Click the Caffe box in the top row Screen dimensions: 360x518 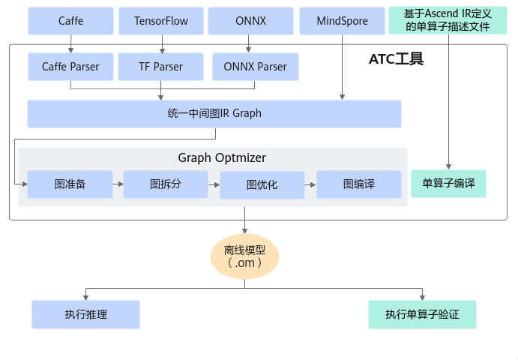tap(71, 21)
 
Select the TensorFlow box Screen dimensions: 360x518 tap(161, 21)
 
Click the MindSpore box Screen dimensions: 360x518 tap(342, 21)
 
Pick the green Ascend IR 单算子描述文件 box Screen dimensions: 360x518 tap(448, 21)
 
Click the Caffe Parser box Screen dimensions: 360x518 tap(71, 67)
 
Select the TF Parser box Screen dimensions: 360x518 tap(161, 67)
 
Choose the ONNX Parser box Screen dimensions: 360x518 tap(255, 67)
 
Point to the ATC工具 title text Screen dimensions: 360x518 tap(397, 59)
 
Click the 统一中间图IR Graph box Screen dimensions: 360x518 tap(214, 114)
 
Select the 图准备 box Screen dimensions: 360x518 tap(70, 184)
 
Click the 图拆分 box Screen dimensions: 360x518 tap(166, 184)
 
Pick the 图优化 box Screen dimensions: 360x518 tap(262, 184)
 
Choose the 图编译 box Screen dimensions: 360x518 tap(358, 184)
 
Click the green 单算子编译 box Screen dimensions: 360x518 tap(448, 184)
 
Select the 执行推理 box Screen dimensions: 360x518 tap(85, 314)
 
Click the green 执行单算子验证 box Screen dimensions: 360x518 tap(423, 314)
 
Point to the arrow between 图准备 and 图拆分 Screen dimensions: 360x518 tap(118, 183)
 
